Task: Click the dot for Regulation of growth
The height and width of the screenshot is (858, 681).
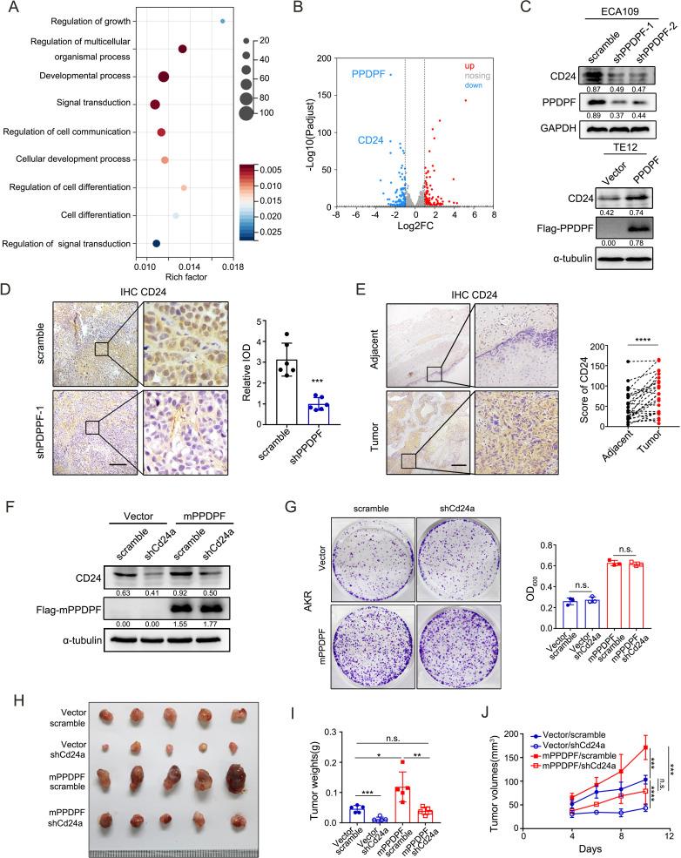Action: click(223, 21)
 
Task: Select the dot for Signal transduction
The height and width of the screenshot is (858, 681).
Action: click(155, 105)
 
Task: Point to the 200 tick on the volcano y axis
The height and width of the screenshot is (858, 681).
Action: click(330, 57)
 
